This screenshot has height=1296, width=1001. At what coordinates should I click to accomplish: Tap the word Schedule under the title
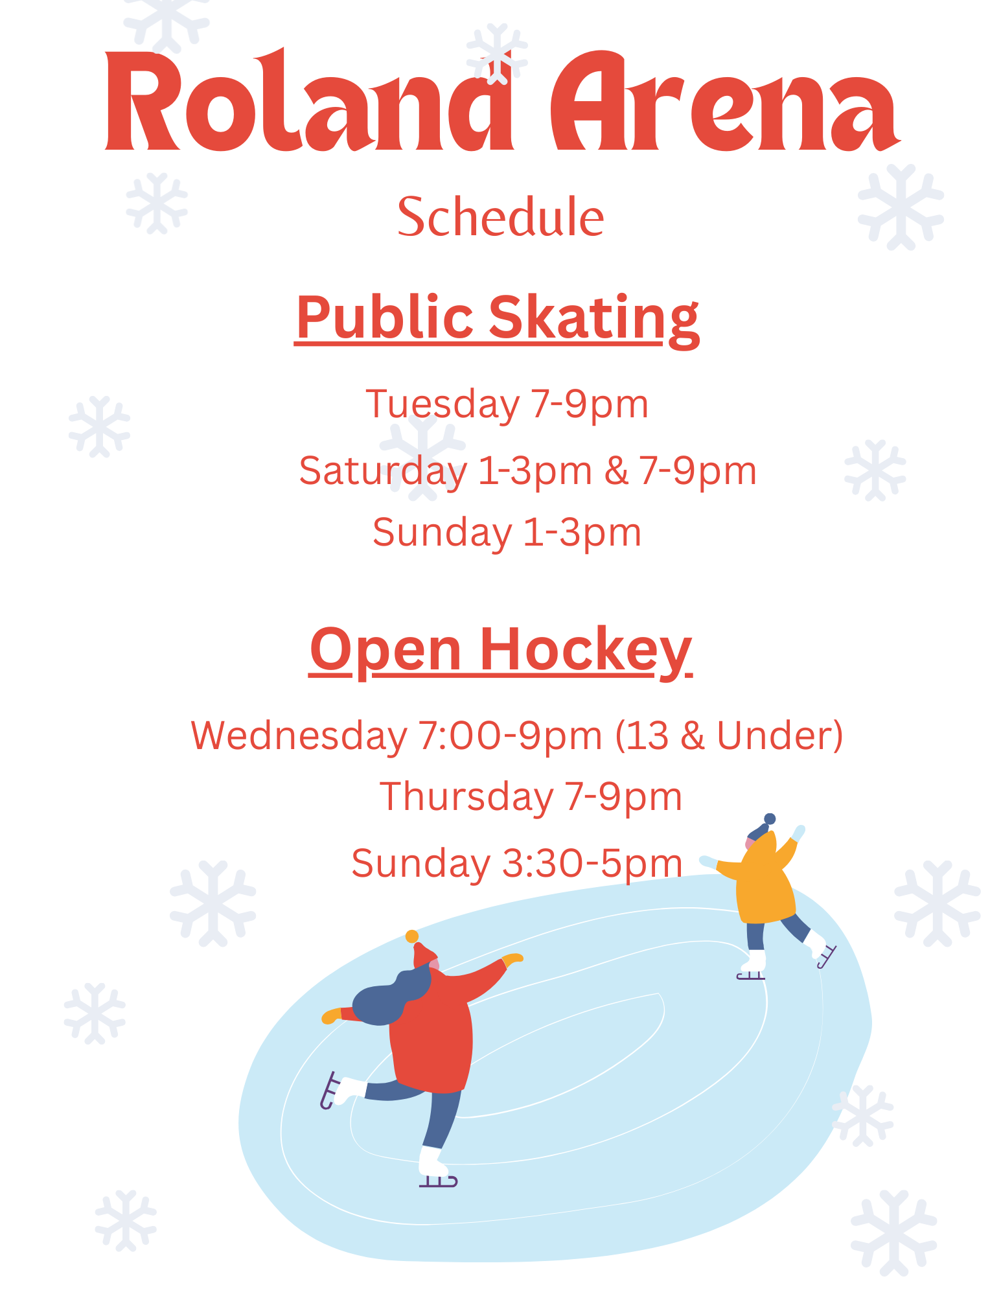tap(500, 216)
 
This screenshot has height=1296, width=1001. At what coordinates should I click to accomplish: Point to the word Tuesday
tap(443, 406)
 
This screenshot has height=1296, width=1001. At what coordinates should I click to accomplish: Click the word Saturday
tap(383, 472)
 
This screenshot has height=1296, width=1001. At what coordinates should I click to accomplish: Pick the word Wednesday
tap(299, 736)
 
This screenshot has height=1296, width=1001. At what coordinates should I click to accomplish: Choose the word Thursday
tap(466, 797)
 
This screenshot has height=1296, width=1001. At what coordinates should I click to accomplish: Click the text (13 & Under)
tap(729, 736)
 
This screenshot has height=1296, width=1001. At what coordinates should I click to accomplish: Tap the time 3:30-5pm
tap(592, 864)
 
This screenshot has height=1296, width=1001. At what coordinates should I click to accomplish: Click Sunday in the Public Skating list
tap(442, 533)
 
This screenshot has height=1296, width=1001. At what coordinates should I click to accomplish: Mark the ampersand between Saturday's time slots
tap(616, 471)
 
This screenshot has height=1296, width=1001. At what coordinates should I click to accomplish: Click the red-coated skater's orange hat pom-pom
tap(411, 936)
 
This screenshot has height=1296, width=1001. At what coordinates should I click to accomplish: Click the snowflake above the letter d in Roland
tap(497, 53)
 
